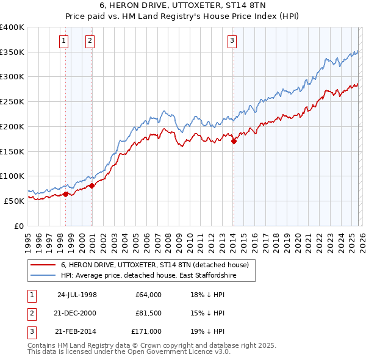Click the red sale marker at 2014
coord(234,141)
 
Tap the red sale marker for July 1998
coord(65,194)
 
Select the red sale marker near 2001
coord(91,185)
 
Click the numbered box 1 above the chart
coord(64,41)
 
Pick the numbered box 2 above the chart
coord(90,41)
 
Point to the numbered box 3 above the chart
coord(232,41)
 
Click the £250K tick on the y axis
coord(12,101)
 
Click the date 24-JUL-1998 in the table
coord(77,295)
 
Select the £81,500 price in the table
coord(147,313)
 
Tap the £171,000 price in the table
coord(147,331)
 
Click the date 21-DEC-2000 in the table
coord(76,313)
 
